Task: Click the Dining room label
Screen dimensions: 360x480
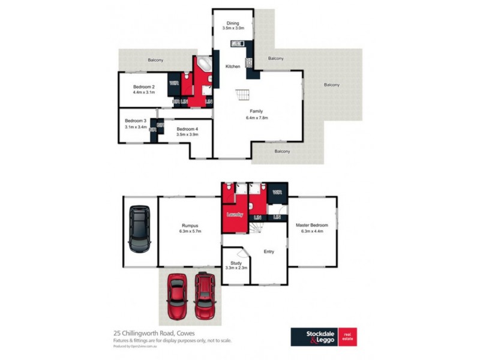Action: coord(232,23)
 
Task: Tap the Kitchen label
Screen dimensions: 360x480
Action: coord(233,67)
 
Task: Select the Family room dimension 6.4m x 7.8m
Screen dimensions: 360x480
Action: coord(257,118)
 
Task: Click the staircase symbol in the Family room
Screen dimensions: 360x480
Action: coord(242,95)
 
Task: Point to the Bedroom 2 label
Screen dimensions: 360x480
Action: coord(144,86)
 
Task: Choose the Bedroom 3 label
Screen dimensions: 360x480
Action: coord(136,121)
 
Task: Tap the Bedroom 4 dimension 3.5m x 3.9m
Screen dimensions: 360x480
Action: coord(187,135)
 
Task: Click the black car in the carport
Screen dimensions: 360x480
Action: coord(140,229)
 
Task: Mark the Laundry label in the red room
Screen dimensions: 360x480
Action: coord(234,214)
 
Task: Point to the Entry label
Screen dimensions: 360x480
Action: coord(269,251)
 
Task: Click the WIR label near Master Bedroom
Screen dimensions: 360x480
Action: coord(277,193)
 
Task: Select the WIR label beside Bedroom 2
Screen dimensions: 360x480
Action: coord(173,83)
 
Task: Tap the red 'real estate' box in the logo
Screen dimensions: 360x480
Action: coord(347,337)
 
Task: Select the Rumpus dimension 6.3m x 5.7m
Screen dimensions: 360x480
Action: coord(189,232)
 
